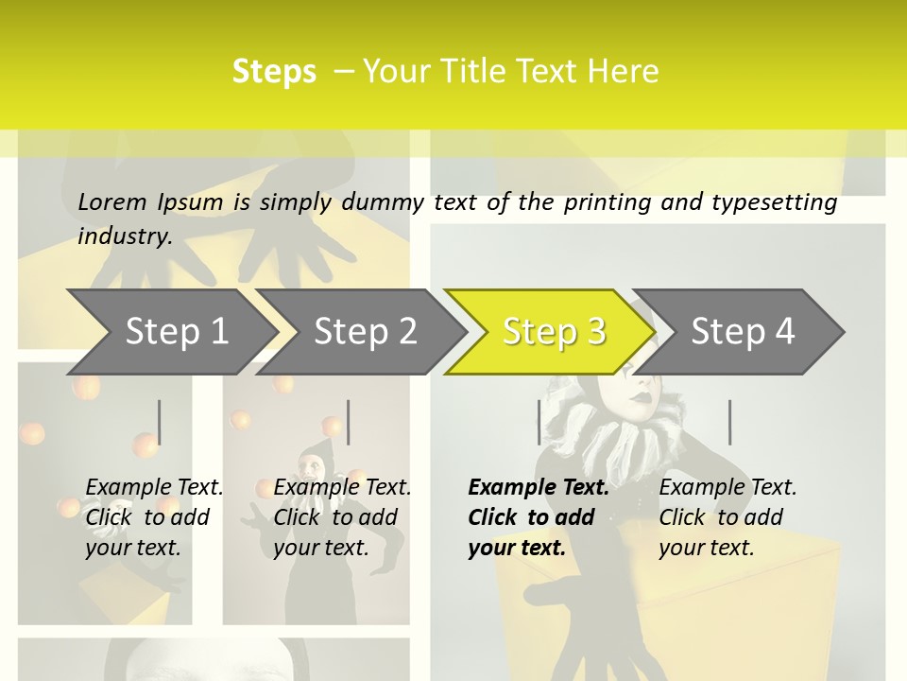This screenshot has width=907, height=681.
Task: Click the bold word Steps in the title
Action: click(x=274, y=72)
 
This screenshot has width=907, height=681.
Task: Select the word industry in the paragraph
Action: click(x=124, y=236)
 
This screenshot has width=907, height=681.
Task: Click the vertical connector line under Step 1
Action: click(x=160, y=422)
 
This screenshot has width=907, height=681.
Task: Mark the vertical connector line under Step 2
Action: click(x=349, y=422)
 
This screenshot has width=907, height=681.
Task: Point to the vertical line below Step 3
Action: click(x=539, y=422)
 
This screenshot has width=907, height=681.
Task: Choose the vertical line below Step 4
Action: click(x=729, y=422)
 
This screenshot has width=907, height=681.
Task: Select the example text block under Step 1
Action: click(x=154, y=517)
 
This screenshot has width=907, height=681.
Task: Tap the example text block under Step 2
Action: click(x=342, y=517)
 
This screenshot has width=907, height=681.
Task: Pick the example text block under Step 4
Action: click(x=727, y=517)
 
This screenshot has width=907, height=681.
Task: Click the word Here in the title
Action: click(x=623, y=72)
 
